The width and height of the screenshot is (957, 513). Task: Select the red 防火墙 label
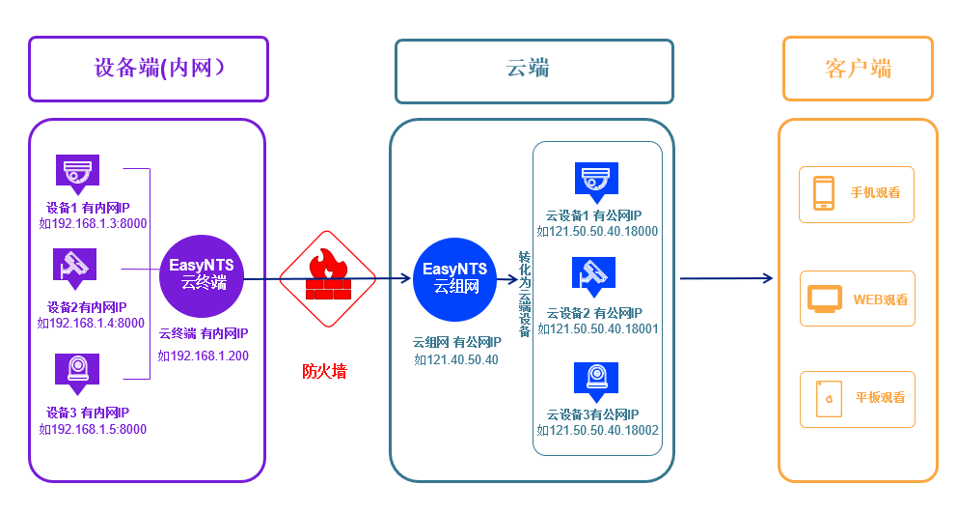pos(324,370)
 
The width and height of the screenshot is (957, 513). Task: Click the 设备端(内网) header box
pos(149,69)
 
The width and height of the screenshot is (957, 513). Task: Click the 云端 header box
pos(533,71)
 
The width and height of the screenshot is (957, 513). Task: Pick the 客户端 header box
pos(858,69)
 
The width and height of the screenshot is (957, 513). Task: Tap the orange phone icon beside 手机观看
pos(823,192)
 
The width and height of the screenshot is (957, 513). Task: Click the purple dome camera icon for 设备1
pos(77,174)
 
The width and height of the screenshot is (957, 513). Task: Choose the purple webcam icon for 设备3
pos(77,370)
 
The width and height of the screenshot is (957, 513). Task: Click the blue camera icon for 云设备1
pos(596,179)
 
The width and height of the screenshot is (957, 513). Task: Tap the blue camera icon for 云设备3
pos(595,379)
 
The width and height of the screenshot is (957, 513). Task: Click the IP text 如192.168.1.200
pos(204,355)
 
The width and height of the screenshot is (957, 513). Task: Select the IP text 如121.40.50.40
pos(456,359)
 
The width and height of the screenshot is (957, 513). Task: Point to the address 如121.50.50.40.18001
pos(597,329)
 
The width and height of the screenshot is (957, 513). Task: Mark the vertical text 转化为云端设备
pos(525,293)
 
